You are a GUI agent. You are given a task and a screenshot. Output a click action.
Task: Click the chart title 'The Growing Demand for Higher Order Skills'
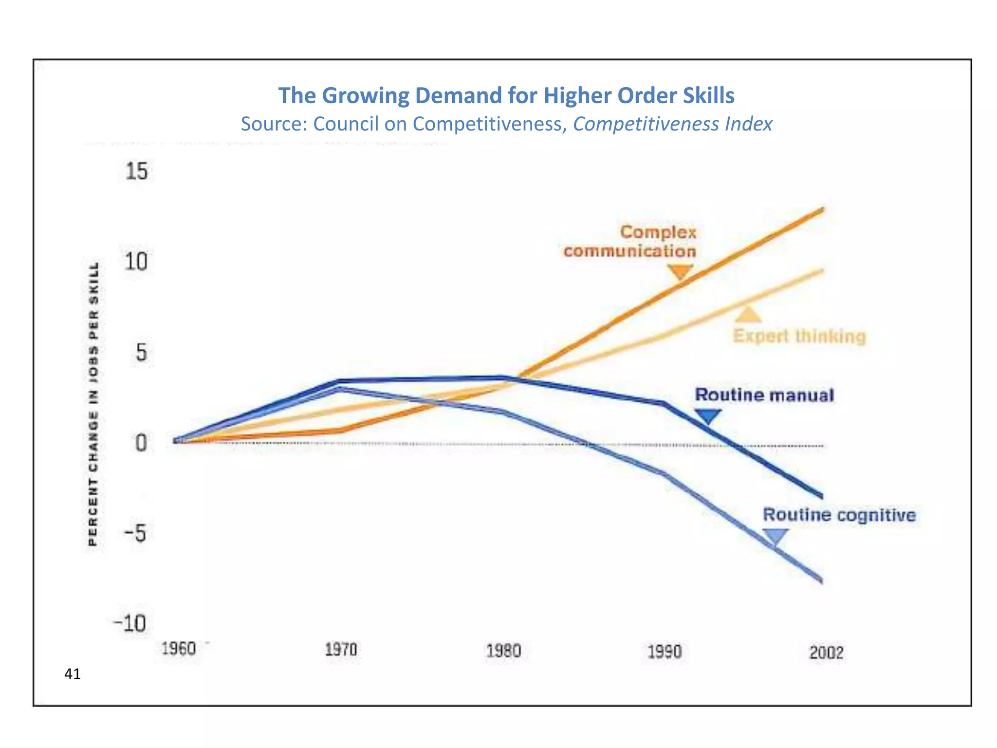click(x=506, y=95)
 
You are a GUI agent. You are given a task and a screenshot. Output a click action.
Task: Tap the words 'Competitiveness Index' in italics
click(x=672, y=124)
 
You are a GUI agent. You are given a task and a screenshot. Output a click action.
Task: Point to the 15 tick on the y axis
click(x=136, y=171)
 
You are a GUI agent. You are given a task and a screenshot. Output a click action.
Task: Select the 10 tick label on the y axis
click(x=136, y=262)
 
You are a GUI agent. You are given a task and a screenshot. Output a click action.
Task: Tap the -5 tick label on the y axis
click(x=135, y=534)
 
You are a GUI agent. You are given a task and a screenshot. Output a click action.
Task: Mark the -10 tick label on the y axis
click(x=130, y=623)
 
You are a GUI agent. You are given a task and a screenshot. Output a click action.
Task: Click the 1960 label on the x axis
click(x=178, y=649)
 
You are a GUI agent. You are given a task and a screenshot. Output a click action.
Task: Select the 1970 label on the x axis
click(x=341, y=650)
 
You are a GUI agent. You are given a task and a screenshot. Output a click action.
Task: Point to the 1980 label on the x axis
click(x=503, y=651)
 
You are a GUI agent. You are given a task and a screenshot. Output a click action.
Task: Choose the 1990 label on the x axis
click(x=665, y=652)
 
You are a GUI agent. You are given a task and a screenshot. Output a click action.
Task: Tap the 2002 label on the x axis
click(x=826, y=653)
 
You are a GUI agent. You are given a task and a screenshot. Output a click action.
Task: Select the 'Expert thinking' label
click(x=799, y=336)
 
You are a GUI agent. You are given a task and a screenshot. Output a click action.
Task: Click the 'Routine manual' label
click(x=764, y=395)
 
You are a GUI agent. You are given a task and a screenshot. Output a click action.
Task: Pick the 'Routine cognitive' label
click(x=839, y=515)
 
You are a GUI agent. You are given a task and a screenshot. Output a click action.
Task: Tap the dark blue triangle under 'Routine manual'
click(x=707, y=416)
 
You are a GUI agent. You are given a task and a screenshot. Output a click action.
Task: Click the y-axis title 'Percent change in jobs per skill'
click(x=94, y=404)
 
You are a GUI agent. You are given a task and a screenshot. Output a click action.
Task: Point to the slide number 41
click(x=73, y=674)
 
